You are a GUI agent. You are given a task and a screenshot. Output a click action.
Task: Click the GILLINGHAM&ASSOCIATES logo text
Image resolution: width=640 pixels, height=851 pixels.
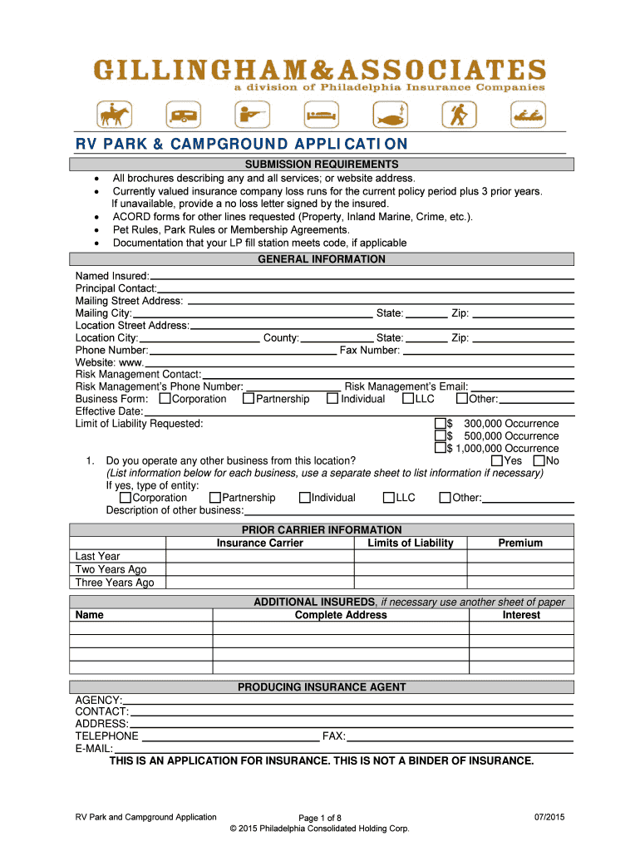pos(320,69)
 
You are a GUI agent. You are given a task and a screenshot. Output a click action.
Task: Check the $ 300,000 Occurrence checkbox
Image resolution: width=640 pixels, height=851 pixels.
pos(441,424)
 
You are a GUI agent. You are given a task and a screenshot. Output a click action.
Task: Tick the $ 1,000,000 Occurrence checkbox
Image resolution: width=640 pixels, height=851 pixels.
pos(441,449)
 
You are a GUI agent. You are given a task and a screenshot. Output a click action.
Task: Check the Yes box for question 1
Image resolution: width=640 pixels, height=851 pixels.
pos(497,461)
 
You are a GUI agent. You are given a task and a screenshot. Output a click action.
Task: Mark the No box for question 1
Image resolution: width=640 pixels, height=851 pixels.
pos(539,461)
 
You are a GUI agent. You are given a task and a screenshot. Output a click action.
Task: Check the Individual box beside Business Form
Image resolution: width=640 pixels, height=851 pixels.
pos(332,399)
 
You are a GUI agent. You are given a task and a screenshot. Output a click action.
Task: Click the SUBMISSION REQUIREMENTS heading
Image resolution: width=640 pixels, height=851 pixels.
pos(321,165)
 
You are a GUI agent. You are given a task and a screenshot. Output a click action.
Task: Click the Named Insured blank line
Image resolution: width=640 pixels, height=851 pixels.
pos(362,276)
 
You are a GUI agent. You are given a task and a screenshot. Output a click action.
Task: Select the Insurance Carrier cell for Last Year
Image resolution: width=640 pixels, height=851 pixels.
pos(259,557)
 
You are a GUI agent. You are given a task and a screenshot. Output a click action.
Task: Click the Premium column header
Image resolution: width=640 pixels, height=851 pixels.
pos(520,544)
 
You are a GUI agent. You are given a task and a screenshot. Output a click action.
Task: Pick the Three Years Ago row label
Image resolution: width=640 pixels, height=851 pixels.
pos(115,583)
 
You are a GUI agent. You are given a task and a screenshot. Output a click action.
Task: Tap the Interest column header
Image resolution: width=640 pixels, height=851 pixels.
pos(521,616)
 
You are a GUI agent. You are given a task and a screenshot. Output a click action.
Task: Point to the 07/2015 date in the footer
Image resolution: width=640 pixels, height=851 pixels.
pos(549,818)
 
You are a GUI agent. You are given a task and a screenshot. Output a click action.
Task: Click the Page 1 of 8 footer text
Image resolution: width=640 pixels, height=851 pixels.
pos(320,819)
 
